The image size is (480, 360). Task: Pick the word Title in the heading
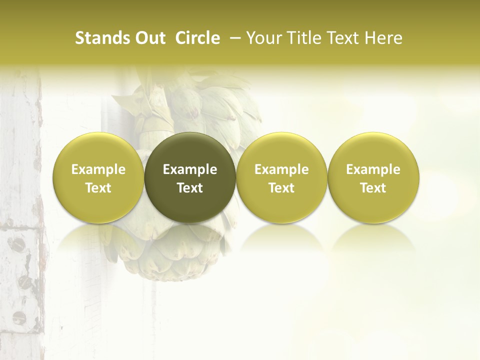coord(303,38)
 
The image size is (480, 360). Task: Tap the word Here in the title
coord(383,38)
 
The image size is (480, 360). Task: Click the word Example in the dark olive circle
coord(190,169)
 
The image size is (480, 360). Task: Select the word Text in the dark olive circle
coord(190,188)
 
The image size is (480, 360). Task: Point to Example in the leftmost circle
coord(98,169)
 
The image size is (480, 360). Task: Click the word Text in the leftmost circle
coord(98,188)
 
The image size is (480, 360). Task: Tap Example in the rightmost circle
coord(373,169)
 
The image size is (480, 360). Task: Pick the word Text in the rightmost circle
coord(373,188)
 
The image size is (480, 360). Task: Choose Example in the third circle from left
coord(281,169)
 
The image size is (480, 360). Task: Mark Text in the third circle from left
coord(281,188)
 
